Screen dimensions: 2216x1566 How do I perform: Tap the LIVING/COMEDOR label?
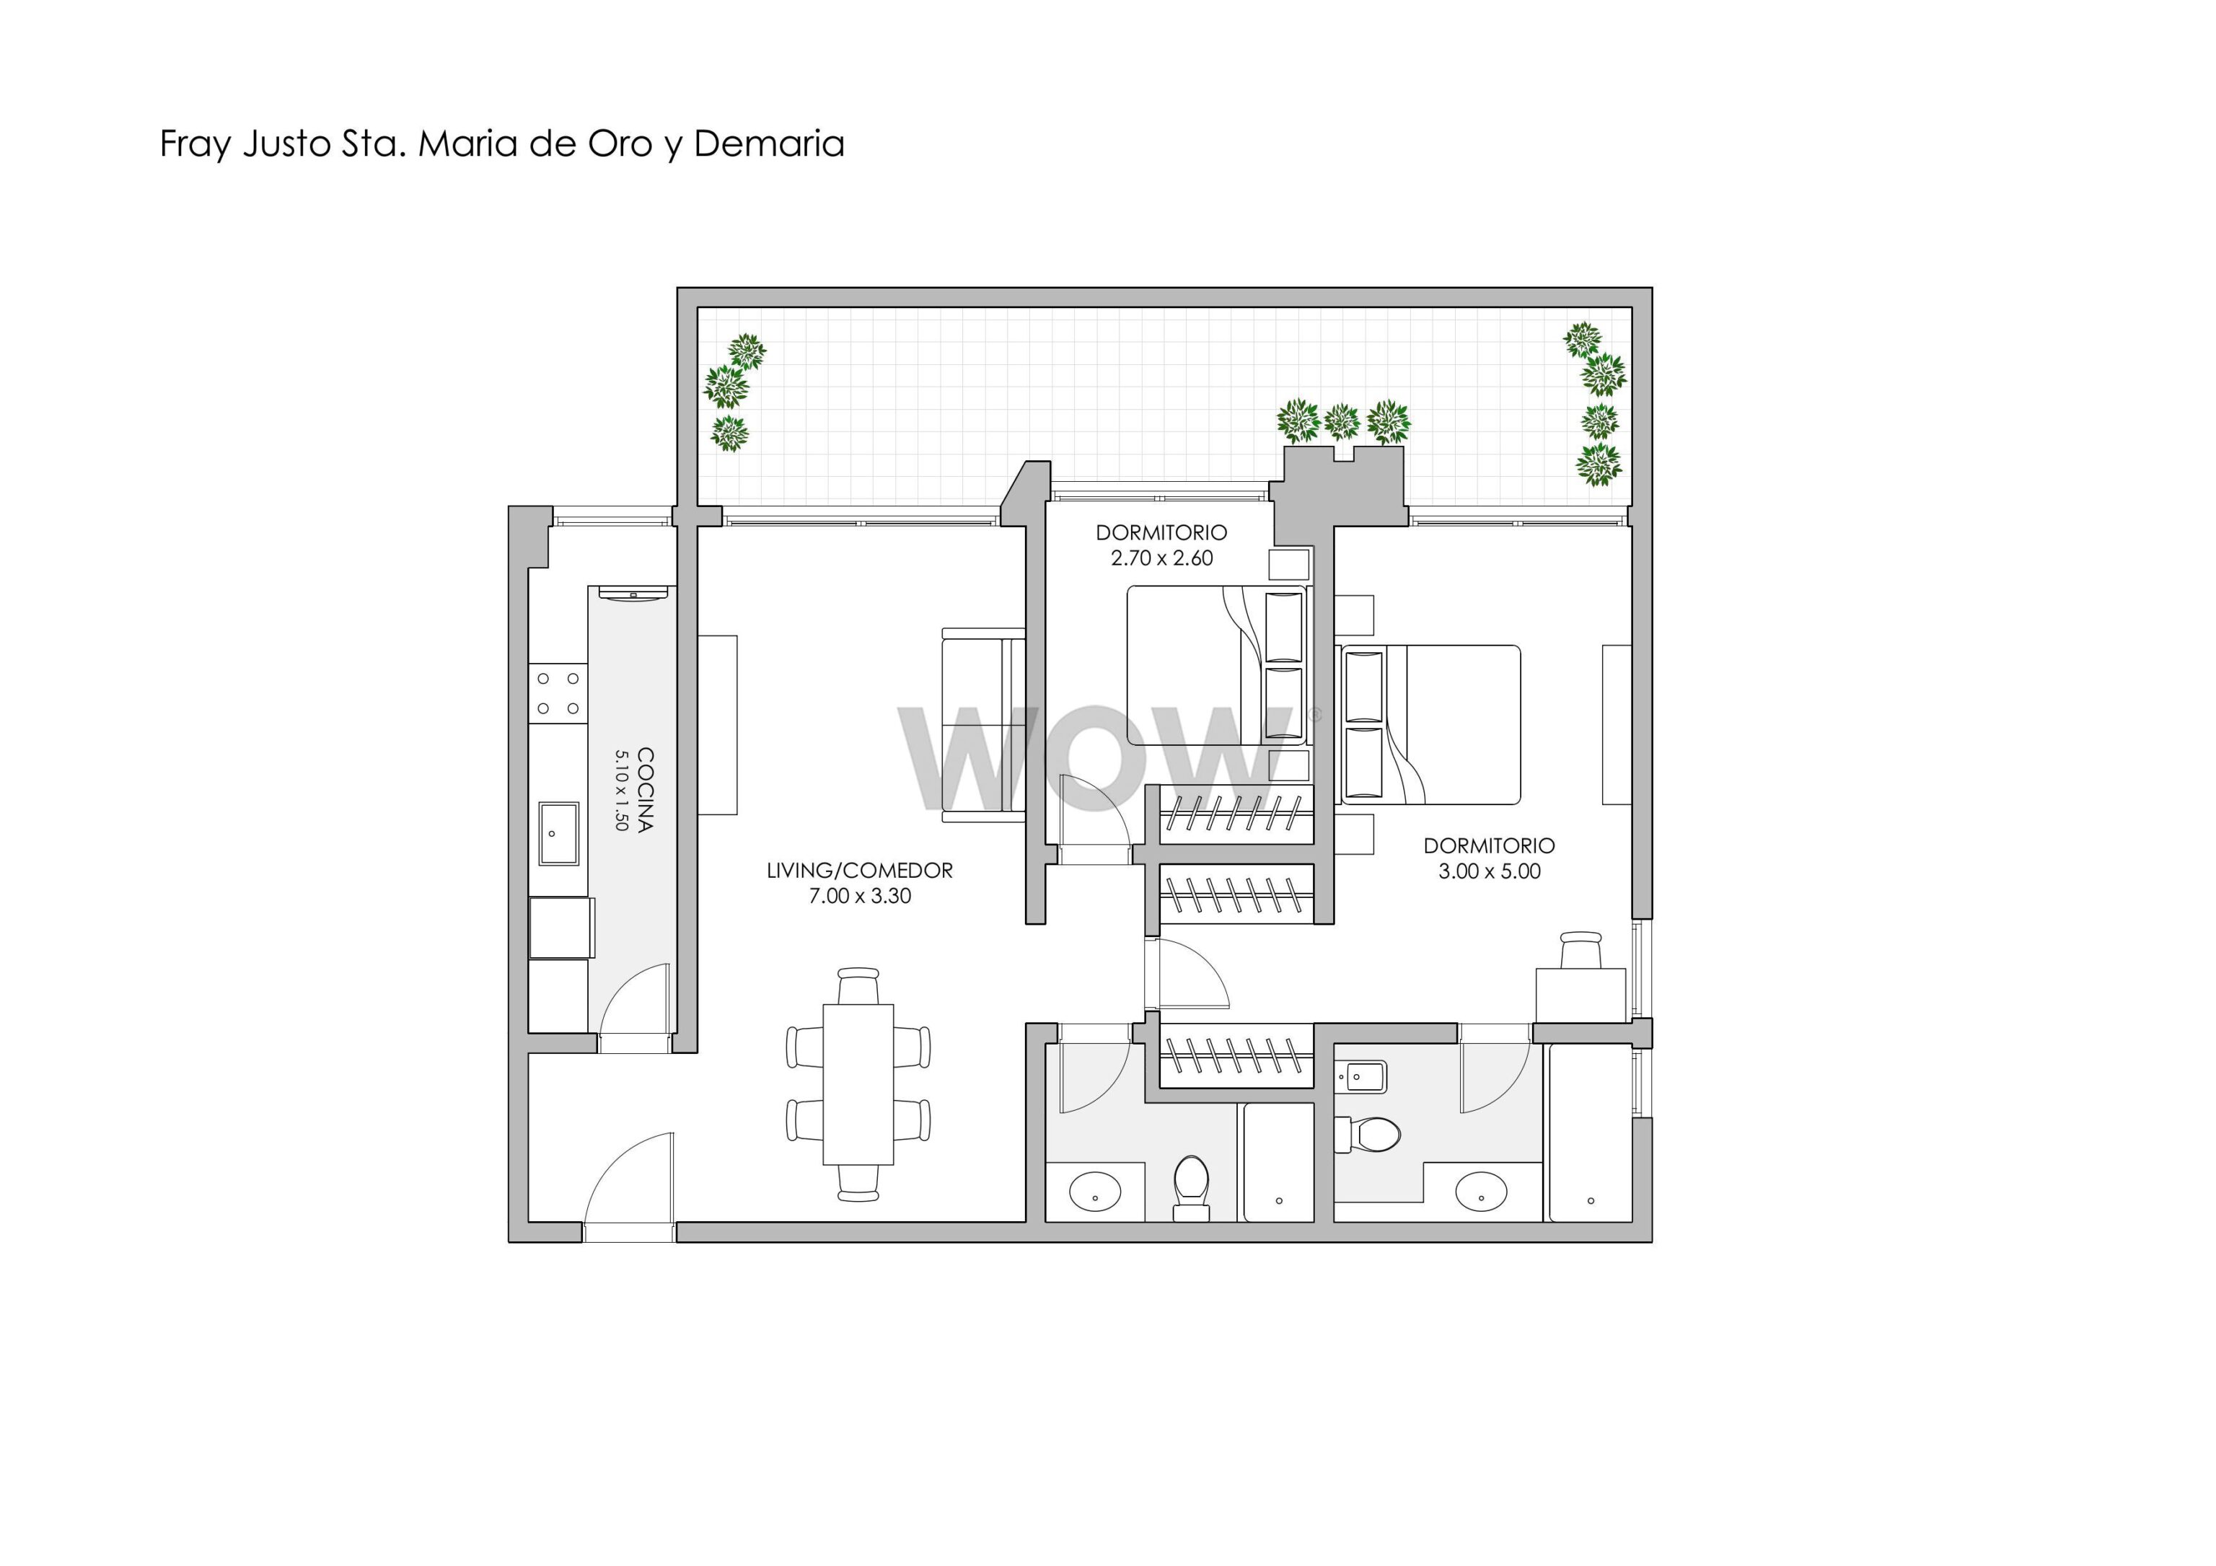click(859, 871)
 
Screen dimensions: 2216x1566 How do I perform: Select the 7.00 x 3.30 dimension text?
click(859, 895)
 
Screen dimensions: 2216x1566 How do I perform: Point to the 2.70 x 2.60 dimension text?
click(1161, 558)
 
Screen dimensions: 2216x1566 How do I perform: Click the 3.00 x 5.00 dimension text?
click(1490, 871)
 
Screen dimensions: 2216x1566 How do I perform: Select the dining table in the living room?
click(858, 1085)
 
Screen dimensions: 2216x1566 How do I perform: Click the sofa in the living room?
click(983, 725)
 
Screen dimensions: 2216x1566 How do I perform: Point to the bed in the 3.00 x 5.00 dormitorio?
click(1430, 725)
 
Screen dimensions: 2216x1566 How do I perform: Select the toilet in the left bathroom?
click(1191, 1187)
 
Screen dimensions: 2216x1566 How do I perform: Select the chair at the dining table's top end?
click(858, 986)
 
